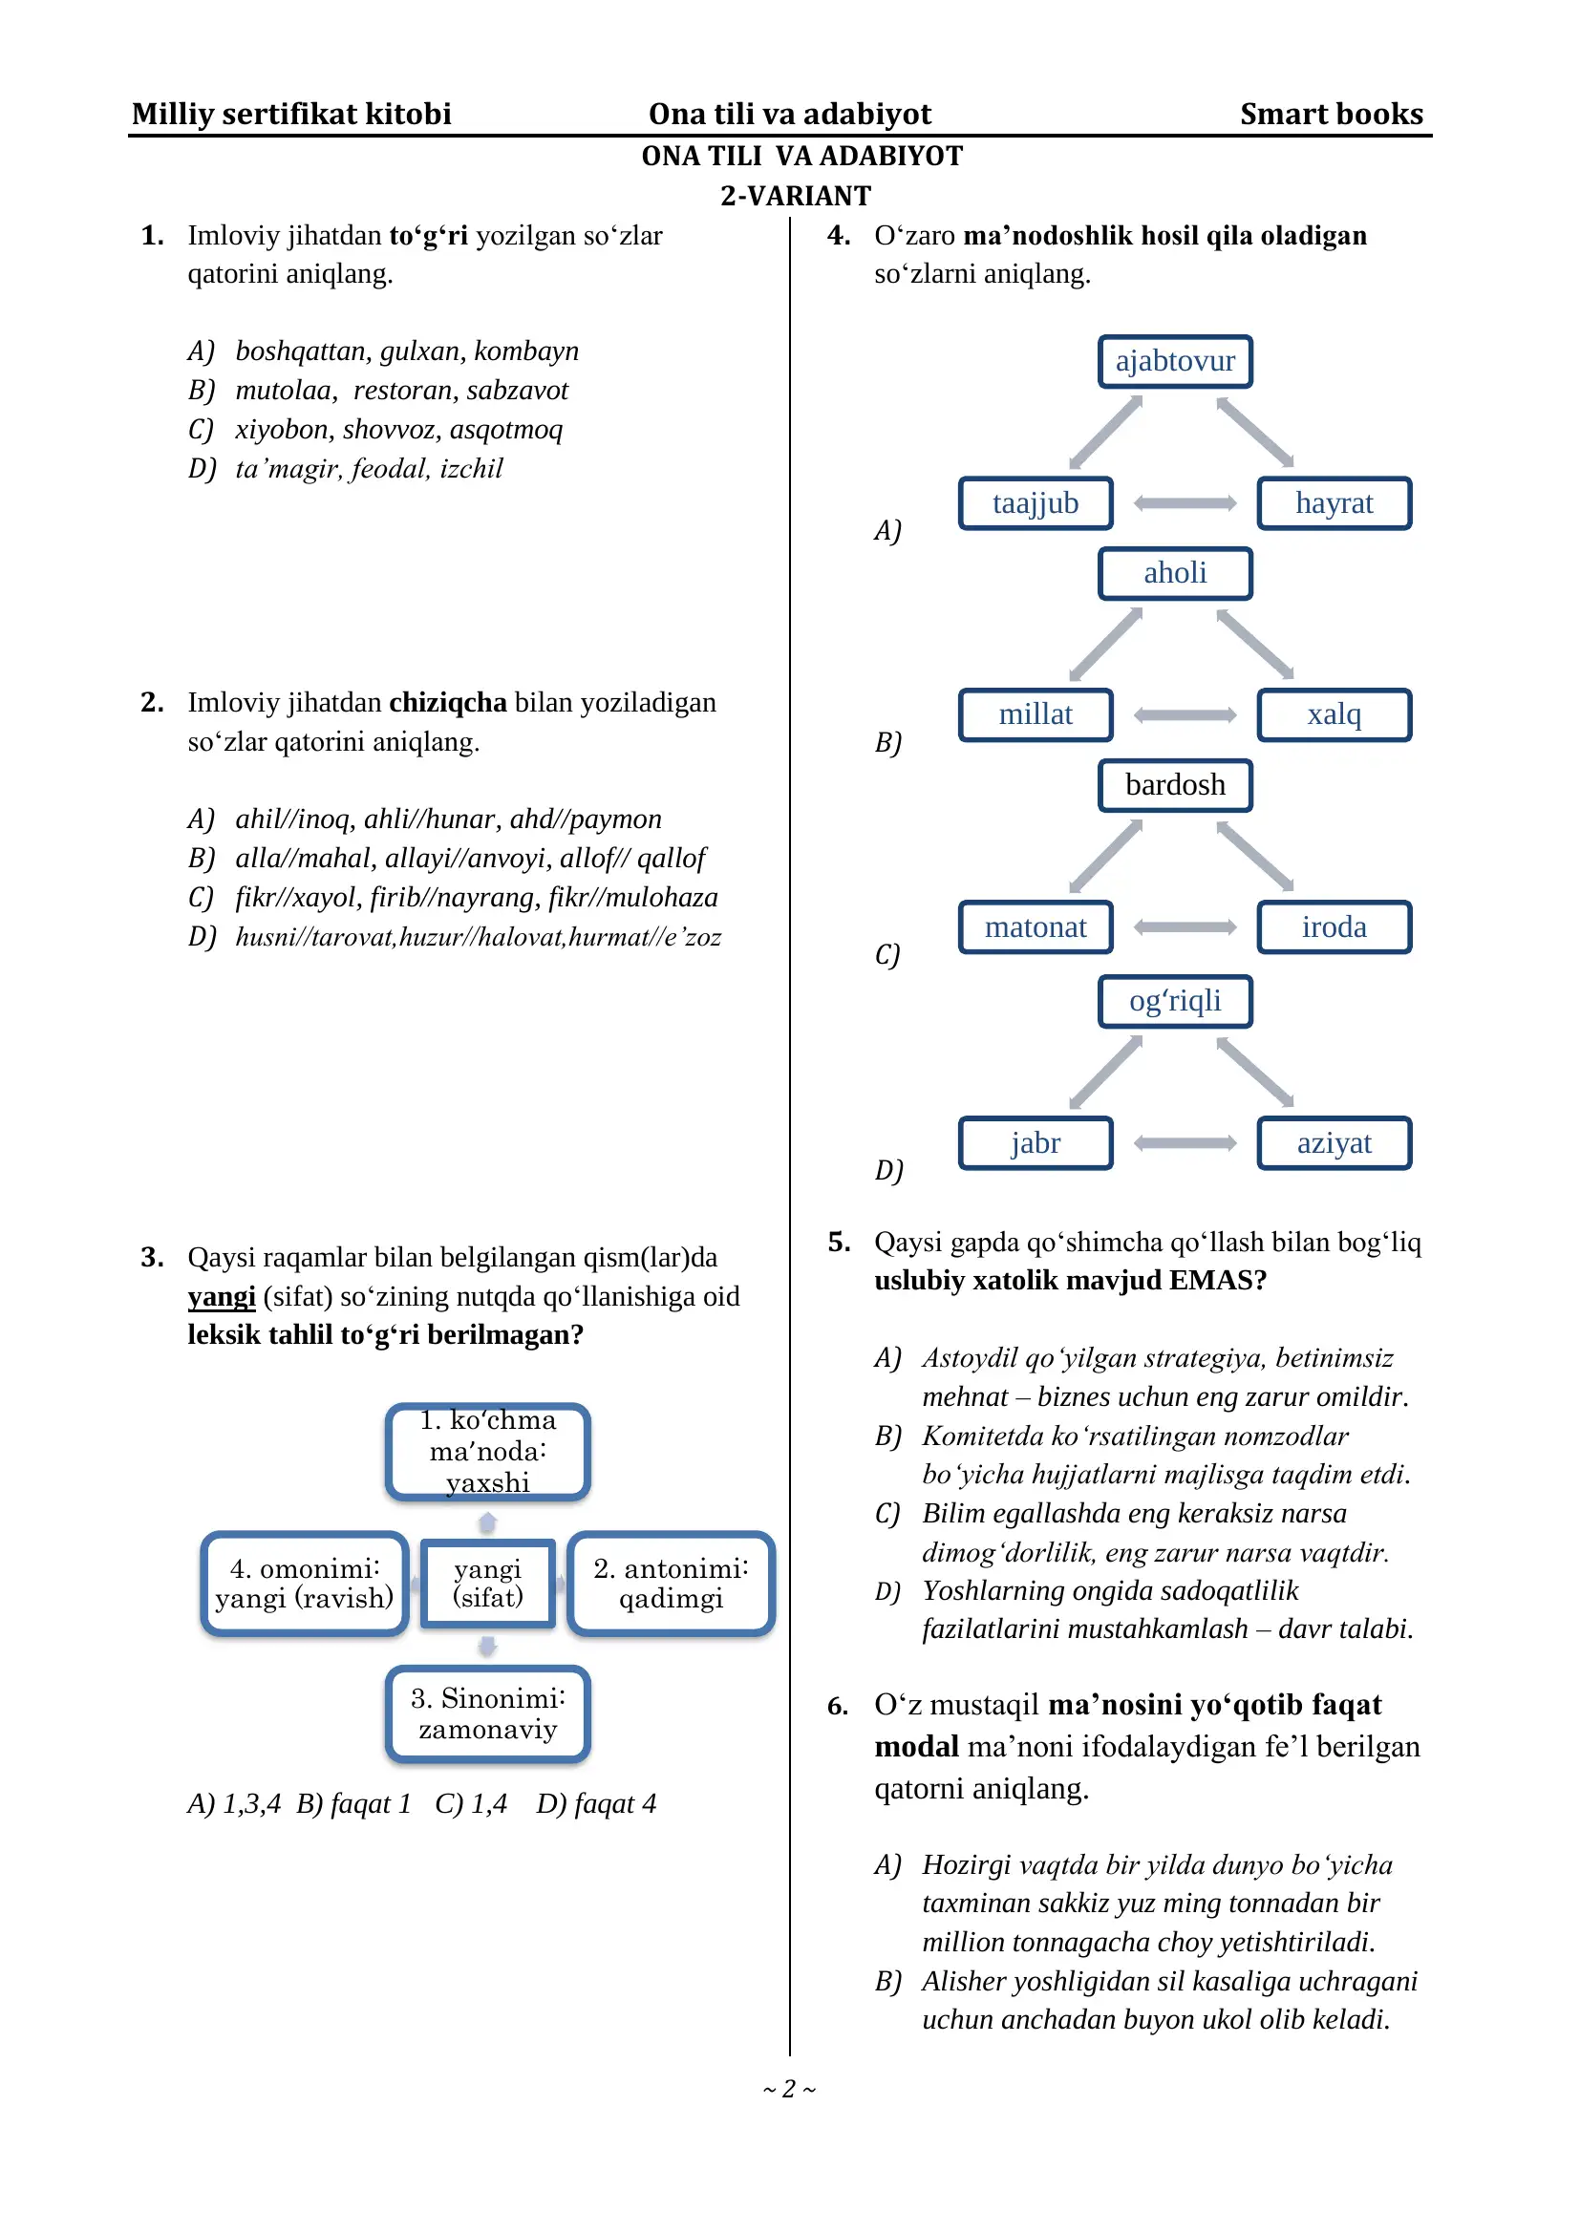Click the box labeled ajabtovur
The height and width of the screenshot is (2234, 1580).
click(1174, 362)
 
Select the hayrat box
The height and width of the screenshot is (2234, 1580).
click(1333, 503)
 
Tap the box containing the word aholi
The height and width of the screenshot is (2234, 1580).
click(1174, 573)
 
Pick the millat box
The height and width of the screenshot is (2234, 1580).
click(1036, 715)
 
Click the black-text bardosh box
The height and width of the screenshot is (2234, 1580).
click(1174, 785)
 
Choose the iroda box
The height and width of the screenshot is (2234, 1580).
click(1333, 927)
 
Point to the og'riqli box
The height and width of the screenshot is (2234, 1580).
click(1174, 1001)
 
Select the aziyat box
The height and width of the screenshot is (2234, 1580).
click(1333, 1143)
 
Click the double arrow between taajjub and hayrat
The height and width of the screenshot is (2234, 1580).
click(1184, 503)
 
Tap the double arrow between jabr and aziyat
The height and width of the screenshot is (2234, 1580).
click(1184, 1143)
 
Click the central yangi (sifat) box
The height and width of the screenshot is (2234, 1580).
click(487, 1583)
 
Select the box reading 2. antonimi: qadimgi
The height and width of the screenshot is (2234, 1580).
click(671, 1583)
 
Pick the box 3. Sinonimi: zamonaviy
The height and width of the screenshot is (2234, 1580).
click(487, 1714)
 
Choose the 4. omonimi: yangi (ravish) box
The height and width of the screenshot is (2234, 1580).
click(304, 1583)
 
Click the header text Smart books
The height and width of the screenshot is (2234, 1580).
click(1330, 115)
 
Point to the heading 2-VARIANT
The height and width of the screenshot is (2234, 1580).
click(795, 197)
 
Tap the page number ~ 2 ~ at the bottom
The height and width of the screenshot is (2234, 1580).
click(789, 2088)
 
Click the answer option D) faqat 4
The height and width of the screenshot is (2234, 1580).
click(595, 1804)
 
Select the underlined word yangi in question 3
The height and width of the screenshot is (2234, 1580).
click(221, 1297)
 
